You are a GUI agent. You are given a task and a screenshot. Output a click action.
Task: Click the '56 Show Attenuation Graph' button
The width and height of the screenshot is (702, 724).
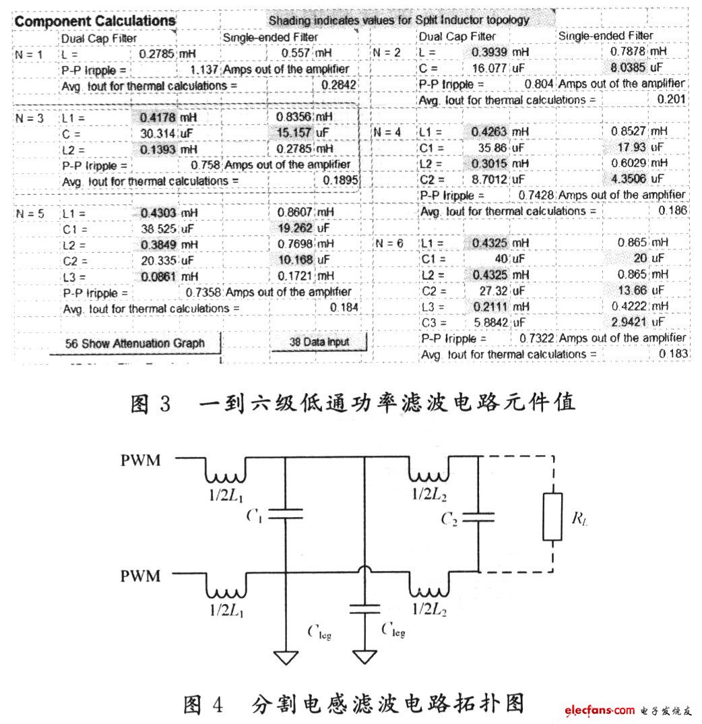coord(135,343)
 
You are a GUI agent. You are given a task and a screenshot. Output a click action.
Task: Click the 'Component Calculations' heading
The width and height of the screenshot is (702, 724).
coord(95,21)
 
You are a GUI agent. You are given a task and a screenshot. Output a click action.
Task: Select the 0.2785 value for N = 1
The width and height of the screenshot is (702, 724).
coord(157,52)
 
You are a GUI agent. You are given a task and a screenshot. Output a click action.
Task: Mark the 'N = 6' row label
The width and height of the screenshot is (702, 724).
coord(389,243)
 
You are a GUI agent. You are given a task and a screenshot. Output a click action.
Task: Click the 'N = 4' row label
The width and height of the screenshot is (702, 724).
coord(389,132)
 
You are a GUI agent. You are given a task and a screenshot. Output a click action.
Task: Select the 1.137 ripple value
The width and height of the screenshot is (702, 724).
coord(205,69)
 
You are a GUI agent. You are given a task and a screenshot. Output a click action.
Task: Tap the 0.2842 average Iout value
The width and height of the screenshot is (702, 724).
coord(339,86)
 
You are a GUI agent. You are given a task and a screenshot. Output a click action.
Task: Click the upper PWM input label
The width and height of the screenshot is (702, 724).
coord(141,461)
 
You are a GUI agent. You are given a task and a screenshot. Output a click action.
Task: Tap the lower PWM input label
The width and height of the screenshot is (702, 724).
coord(141,576)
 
